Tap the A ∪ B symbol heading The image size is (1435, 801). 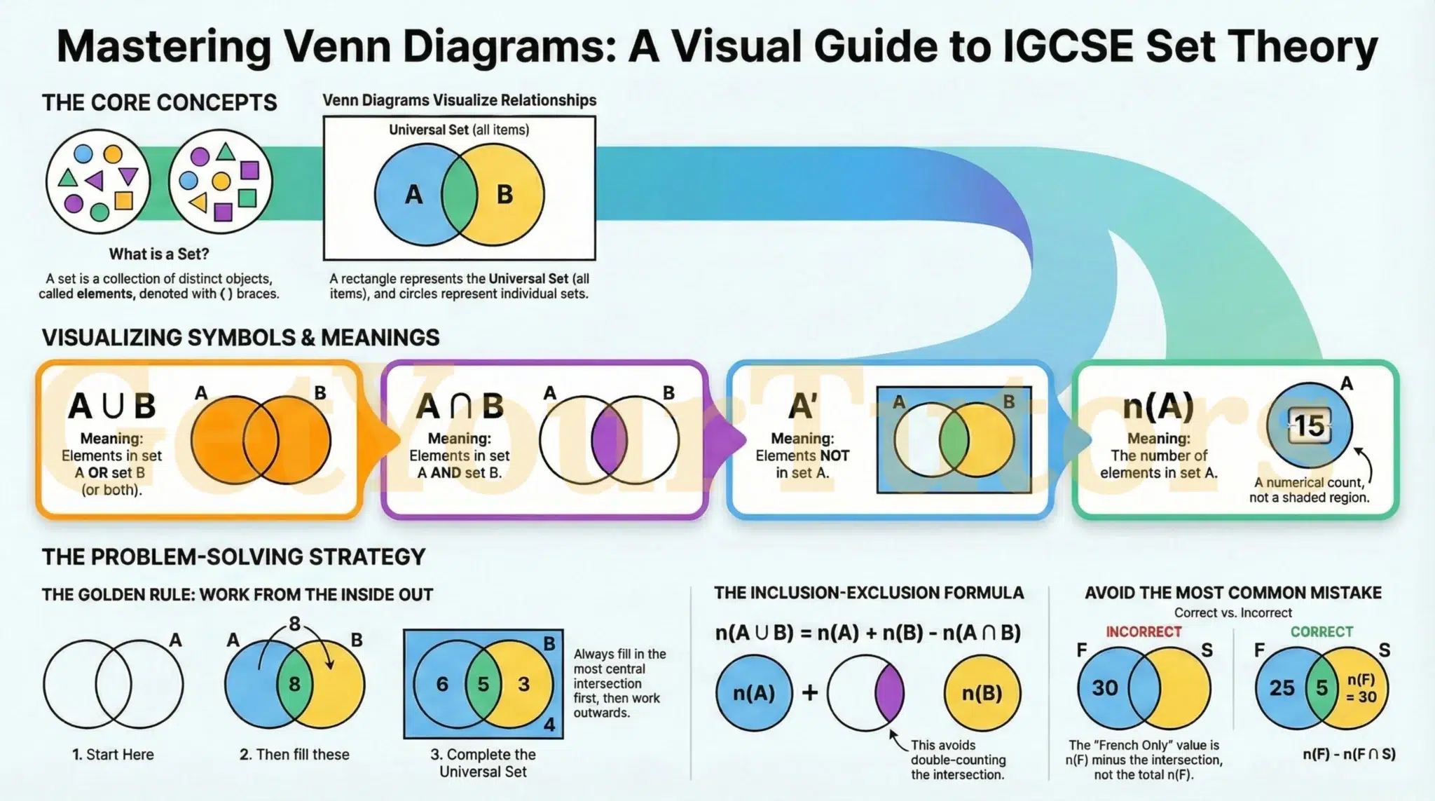click(112, 406)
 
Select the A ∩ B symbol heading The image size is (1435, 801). click(460, 406)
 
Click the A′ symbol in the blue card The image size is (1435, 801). click(802, 406)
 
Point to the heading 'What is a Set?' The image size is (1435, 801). click(159, 254)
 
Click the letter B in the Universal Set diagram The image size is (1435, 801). click(504, 194)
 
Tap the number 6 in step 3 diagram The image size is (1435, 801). click(442, 684)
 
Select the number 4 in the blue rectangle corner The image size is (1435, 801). click(549, 725)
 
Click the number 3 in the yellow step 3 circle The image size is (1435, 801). click(523, 684)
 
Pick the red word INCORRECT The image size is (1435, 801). click(1144, 632)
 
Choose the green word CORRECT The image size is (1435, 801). click(1321, 632)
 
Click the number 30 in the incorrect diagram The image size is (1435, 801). click(1105, 688)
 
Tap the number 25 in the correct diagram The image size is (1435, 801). click(1282, 688)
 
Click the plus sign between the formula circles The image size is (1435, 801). click(810, 693)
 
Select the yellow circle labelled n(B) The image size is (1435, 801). click(982, 693)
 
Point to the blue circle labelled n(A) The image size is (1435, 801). click(754, 693)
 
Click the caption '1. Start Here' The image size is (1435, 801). click(113, 755)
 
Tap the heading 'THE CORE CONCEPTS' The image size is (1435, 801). click(160, 103)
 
